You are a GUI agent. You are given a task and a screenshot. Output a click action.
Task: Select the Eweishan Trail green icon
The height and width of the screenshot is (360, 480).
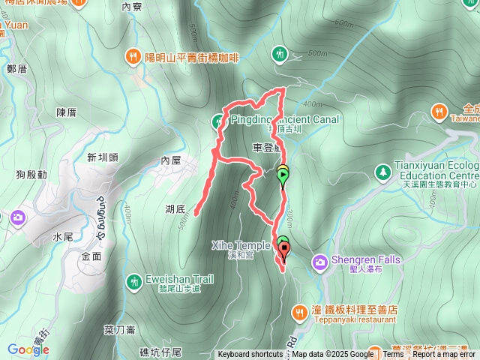(x=134, y=280)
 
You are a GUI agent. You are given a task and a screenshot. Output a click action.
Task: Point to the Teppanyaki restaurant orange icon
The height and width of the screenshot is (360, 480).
(x=298, y=310)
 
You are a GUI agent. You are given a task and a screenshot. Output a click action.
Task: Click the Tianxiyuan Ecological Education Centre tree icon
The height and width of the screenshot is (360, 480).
(x=383, y=172)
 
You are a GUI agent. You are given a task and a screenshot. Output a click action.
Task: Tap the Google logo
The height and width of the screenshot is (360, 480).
(x=28, y=349)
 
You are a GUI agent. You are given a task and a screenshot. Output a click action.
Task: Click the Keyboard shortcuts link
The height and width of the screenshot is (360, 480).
(x=250, y=355)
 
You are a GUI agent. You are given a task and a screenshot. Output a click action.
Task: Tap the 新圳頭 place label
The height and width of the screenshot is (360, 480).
(x=103, y=157)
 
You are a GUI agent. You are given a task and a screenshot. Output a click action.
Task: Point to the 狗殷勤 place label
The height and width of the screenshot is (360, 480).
(x=31, y=175)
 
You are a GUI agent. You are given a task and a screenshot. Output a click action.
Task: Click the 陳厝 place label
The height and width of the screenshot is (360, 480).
(x=67, y=112)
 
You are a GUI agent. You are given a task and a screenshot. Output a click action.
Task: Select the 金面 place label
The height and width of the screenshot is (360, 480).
(x=90, y=256)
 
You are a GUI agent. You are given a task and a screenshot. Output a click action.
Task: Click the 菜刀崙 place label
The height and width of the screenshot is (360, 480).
(x=119, y=329)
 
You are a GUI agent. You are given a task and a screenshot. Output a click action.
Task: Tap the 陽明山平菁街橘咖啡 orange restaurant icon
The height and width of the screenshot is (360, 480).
(x=132, y=55)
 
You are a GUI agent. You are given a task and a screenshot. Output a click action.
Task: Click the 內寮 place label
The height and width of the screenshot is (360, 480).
(x=131, y=7)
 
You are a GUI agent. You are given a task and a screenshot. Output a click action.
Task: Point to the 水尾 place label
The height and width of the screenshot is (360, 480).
(x=63, y=236)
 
